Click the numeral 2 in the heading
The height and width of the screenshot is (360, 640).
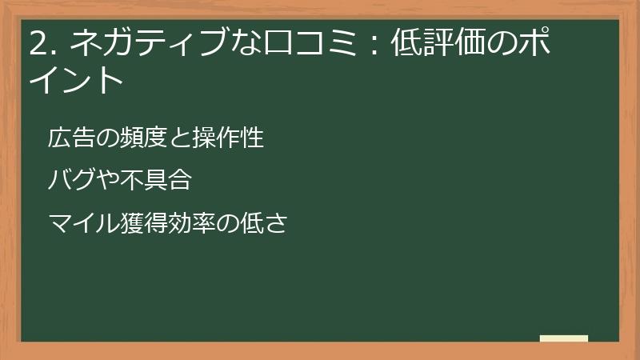[x=37, y=45]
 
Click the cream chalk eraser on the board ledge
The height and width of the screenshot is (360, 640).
[x=564, y=338]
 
